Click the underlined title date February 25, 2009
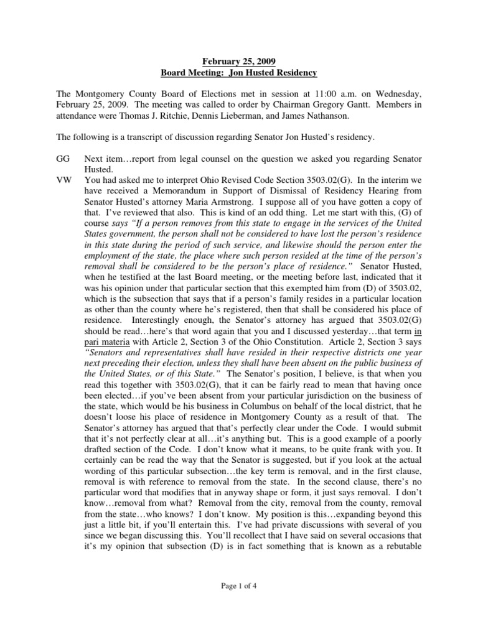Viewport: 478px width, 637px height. click(x=239, y=61)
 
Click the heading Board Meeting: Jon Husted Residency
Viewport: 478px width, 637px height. click(x=239, y=73)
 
